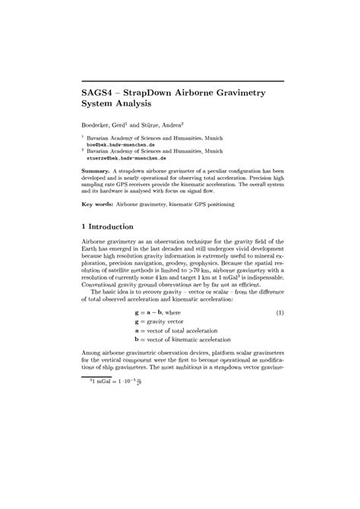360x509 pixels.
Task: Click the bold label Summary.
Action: [x=96, y=172]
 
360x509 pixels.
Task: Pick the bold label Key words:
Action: [x=100, y=204]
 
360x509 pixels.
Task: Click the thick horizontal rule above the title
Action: [x=182, y=78]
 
